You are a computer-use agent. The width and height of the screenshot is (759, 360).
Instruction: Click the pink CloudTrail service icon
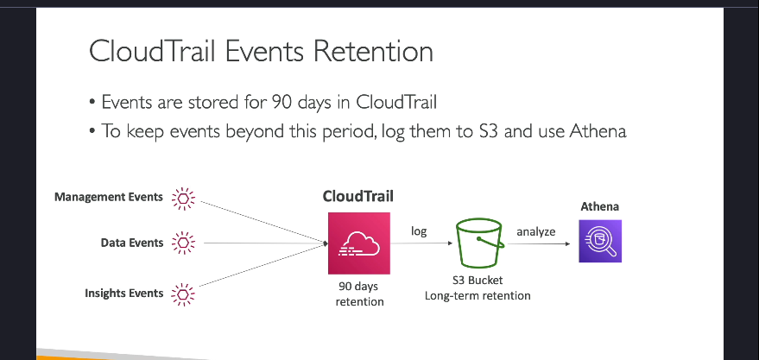coord(358,243)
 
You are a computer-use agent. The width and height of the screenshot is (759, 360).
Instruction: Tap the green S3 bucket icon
coord(479,243)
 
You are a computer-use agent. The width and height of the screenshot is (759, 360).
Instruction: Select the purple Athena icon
coord(600,241)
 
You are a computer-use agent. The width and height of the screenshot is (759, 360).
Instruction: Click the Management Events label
coord(109,197)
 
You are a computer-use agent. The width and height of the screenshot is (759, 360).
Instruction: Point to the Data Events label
coord(131,243)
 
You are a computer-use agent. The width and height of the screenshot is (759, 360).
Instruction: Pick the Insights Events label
coord(124,294)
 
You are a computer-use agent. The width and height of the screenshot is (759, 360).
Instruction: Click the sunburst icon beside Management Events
coord(183,199)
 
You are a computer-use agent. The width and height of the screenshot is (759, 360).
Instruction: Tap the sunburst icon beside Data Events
coord(183,243)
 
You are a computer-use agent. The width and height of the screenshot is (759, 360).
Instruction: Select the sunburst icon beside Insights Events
coord(183,294)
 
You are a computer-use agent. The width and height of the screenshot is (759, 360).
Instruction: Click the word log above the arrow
coord(419,231)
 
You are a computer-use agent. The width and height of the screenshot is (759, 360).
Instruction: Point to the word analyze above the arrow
coord(536,231)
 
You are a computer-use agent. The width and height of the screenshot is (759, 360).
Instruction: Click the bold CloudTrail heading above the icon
coord(358,197)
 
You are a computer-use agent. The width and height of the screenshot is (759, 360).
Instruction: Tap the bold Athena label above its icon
coord(600,206)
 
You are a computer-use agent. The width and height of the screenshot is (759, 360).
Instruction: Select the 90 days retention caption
coord(359,294)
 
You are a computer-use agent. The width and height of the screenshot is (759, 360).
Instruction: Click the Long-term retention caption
coord(478,295)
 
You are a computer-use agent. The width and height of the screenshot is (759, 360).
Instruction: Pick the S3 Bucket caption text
coord(478,281)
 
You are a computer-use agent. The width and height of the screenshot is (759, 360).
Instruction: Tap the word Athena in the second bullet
coord(598,131)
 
